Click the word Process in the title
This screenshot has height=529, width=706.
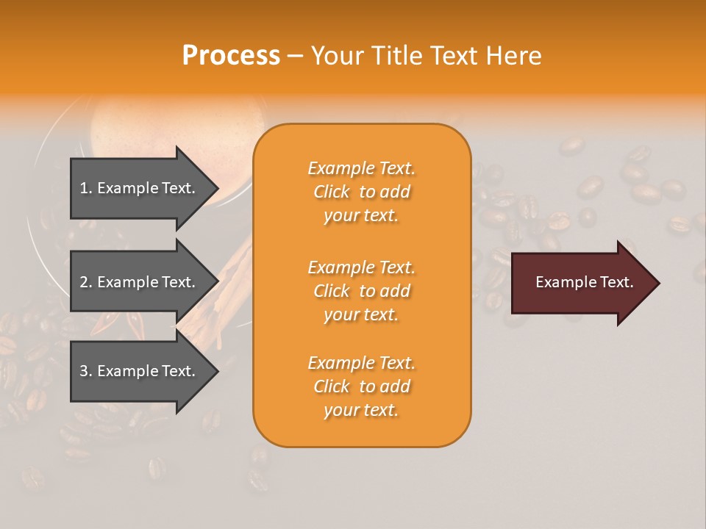click(x=231, y=56)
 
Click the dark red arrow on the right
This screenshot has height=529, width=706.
click(x=581, y=283)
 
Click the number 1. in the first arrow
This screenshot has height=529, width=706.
click(x=86, y=188)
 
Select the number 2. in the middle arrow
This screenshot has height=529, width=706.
click(x=86, y=282)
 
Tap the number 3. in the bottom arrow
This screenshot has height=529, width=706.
click(x=86, y=371)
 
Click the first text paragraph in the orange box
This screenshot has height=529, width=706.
click(x=361, y=192)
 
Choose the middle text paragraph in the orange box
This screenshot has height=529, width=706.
click(x=361, y=290)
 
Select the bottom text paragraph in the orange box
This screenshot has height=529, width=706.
click(x=361, y=386)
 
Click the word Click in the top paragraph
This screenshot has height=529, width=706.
click(x=332, y=192)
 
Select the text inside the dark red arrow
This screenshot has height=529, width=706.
click(x=584, y=282)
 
